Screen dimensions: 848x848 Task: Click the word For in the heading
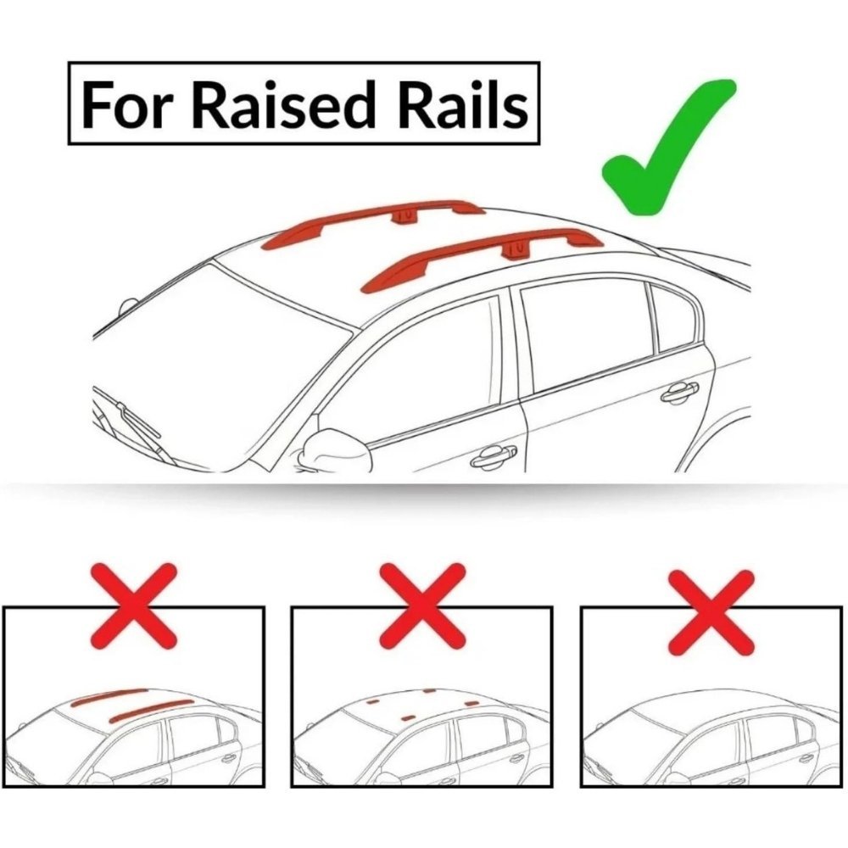coord(126,105)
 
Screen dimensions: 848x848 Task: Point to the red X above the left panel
coord(135,605)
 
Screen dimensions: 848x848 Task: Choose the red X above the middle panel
coord(422,605)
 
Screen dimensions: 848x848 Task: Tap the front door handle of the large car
coord(494,457)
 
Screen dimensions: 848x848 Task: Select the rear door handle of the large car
coord(679,392)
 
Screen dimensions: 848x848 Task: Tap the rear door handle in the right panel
coord(806,757)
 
